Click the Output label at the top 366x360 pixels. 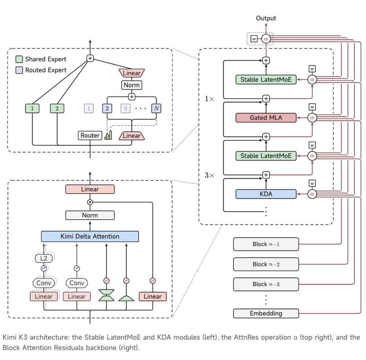[x=266, y=18]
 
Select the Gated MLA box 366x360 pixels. [x=266, y=118]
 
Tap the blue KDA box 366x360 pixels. [x=266, y=194]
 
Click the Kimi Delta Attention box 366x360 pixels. [x=90, y=236]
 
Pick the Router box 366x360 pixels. [x=90, y=135]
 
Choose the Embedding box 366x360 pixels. [x=266, y=313]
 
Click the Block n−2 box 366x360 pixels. [x=266, y=264]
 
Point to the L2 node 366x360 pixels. [x=44, y=258]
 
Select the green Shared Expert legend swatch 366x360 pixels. [x=19, y=59]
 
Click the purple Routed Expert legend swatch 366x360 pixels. [x=19, y=70]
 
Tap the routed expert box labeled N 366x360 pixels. [x=156, y=108]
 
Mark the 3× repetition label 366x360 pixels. [x=209, y=175]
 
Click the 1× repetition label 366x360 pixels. [x=209, y=99]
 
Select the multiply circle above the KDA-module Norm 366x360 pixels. [x=90, y=202]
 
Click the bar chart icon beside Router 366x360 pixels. [x=108, y=135]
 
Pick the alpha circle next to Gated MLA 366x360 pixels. [x=312, y=118]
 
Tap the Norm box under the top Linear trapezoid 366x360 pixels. [x=132, y=85]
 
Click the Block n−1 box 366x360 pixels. [x=266, y=244]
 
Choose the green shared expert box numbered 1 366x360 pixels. [x=32, y=108]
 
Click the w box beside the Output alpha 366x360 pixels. [x=254, y=39]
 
